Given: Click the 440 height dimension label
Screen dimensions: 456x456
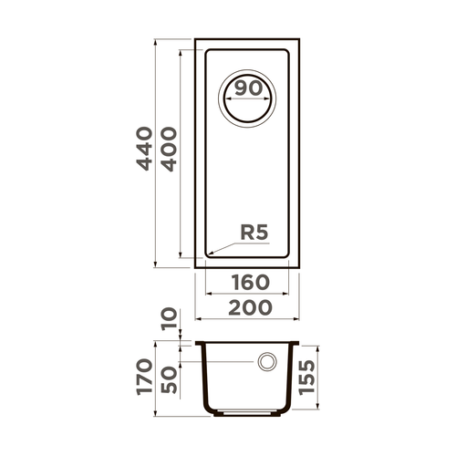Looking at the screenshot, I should tap(143, 151).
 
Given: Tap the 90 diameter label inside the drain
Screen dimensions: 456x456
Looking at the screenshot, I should tap(246, 89).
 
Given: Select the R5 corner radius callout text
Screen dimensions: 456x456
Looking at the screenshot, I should tap(253, 233).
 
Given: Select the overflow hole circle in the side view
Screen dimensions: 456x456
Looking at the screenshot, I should tap(268, 363).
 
